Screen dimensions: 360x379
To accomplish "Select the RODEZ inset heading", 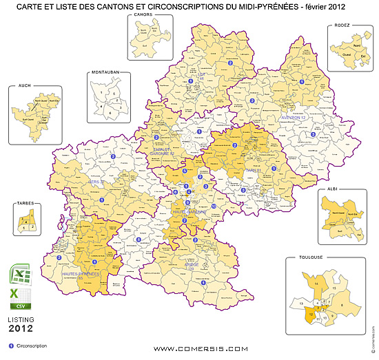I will pos(342,25).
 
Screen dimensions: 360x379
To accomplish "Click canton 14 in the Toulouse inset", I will pos(316,283).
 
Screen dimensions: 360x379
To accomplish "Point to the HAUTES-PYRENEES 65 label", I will pos(81,275).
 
